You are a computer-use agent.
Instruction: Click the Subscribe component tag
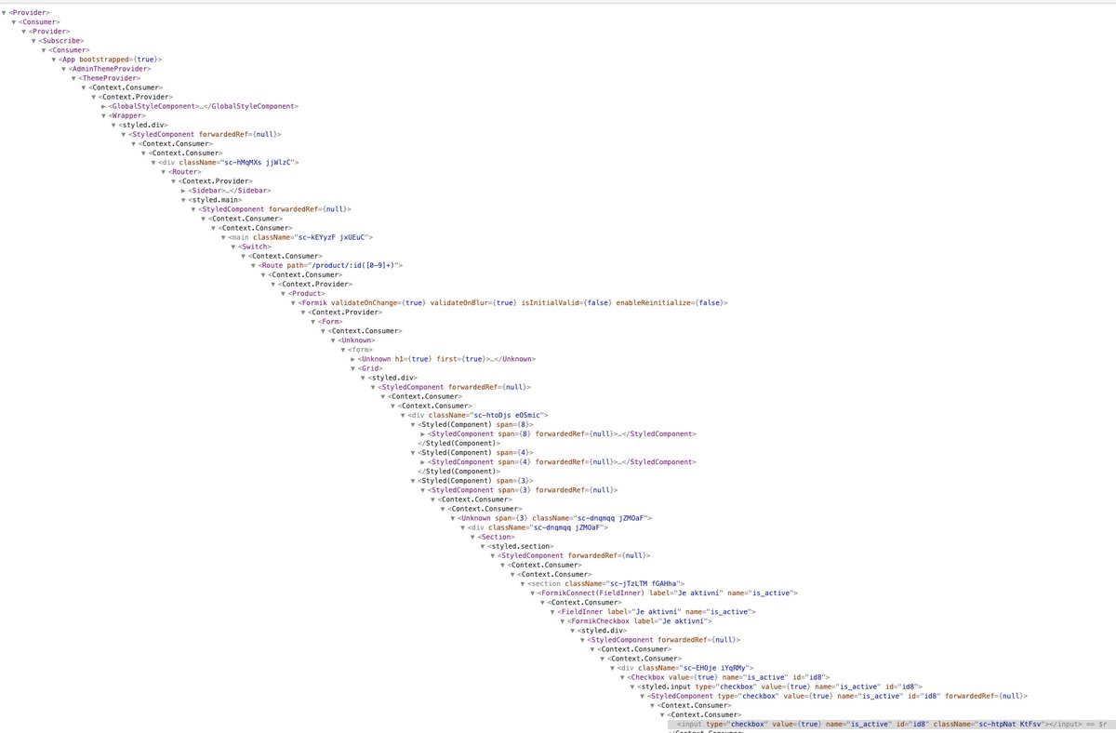coord(61,41)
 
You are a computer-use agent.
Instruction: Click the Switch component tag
coord(254,247)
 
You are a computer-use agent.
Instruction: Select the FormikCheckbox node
coord(600,621)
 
